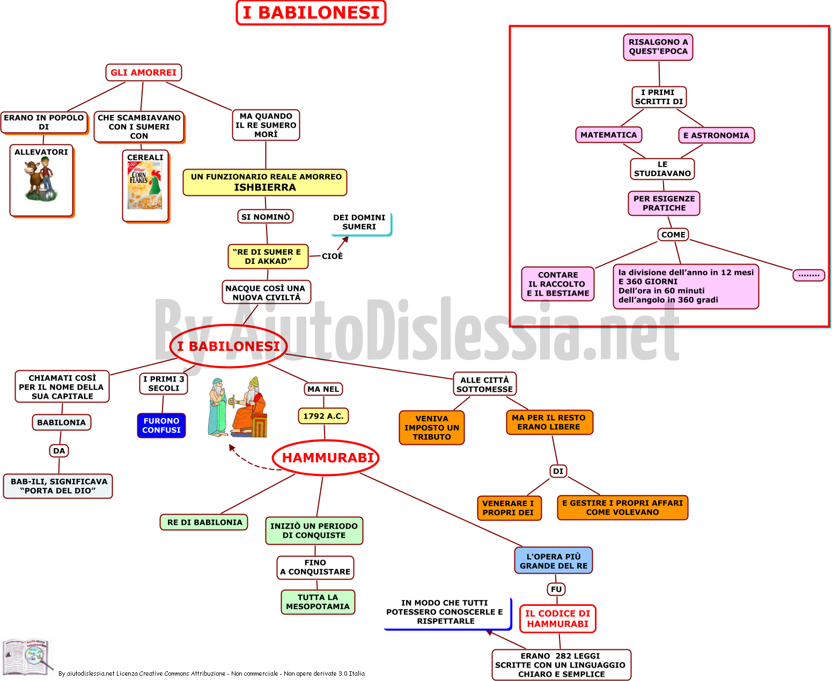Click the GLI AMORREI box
144,72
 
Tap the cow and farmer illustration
40,179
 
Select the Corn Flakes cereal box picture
145,185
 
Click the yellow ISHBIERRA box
265,182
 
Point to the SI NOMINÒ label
266,217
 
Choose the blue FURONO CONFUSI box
161,426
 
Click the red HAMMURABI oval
326,458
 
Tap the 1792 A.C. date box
323,416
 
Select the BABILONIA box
62,422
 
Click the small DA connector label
59,451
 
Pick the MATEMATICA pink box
609,135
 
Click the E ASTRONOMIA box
717,135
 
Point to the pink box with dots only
809,275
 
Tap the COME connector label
673,235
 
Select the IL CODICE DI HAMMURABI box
557,619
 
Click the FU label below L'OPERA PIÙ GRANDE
556,589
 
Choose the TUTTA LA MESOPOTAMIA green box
318,602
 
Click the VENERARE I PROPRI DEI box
509,508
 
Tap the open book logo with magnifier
27,657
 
